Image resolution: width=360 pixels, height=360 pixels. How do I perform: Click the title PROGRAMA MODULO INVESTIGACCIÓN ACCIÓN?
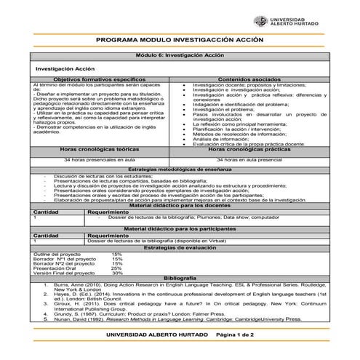pyautogui.click(x=180, y=42)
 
